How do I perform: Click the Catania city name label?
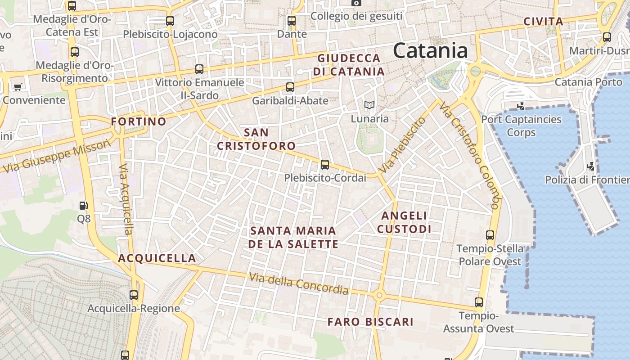(x=430, y=50)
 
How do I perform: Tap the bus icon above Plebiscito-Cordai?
(x=324, y=165)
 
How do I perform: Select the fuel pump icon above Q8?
(x=83, y=206)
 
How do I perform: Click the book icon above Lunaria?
(x=369, y=105)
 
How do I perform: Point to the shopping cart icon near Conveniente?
(x=18, y=87)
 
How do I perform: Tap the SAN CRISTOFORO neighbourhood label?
(x=256, y=139)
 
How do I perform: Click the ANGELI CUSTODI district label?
(x=404, y=222)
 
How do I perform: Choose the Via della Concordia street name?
(x=299, y=283)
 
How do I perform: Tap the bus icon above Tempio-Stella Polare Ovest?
(x=490, y=235)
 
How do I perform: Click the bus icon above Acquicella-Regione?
(x=134, y=295)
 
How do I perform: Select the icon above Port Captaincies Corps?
(x=521, y=106)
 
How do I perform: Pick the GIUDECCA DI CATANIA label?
(x=349, y=65)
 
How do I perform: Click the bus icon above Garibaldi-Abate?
(x=290, y=87)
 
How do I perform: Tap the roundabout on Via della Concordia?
(x=379, y=295)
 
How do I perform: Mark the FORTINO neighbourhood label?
(x=139, y=121)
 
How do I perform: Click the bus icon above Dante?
(x=292, y=21)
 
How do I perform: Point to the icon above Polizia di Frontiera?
(x=591, y=166)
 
